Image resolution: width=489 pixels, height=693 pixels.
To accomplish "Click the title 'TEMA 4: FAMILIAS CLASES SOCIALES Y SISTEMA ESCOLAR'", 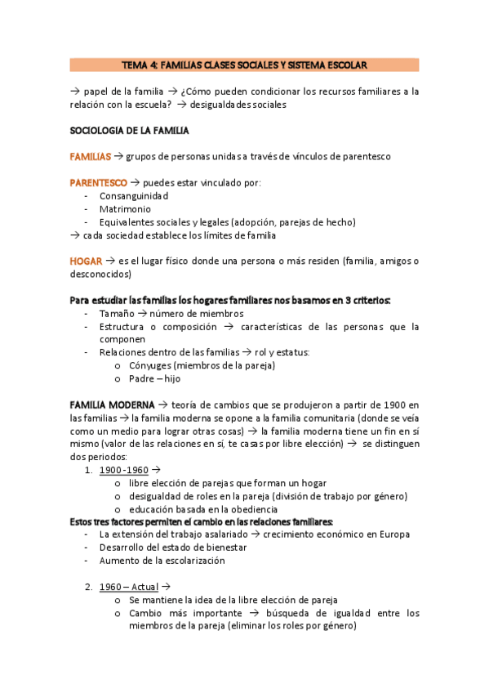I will tap(244, 65).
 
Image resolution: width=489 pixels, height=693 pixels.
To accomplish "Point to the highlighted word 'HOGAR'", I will tap(85, 261).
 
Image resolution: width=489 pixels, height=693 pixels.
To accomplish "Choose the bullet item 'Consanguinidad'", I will tap(134, 196).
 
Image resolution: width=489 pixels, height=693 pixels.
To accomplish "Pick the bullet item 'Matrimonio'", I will tap(124, 209).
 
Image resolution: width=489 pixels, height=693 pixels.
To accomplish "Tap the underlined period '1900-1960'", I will tap(123, 470).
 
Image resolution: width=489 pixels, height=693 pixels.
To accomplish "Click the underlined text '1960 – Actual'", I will tap(129, 587).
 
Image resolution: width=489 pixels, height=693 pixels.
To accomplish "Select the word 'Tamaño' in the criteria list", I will tap(116, 313).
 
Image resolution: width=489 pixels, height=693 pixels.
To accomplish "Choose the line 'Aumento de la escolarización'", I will tap(162, 561).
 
